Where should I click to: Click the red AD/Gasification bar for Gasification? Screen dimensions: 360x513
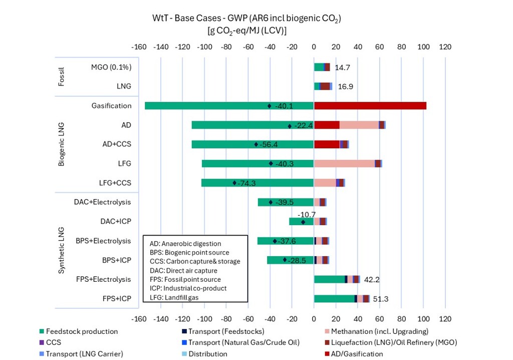370,106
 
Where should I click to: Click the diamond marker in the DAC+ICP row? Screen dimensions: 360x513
303,222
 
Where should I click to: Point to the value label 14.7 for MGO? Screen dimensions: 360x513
342,67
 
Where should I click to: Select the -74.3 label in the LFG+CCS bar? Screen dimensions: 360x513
246,183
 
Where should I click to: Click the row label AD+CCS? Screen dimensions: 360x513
117,144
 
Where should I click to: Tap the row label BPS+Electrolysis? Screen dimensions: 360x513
103,241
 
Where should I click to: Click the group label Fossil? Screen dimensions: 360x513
62,76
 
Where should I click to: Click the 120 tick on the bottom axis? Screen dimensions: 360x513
445,319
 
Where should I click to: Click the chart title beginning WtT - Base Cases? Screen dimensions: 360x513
246,19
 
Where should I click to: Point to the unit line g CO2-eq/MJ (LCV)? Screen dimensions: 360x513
246,30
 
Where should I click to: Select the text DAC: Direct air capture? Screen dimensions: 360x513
183,270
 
